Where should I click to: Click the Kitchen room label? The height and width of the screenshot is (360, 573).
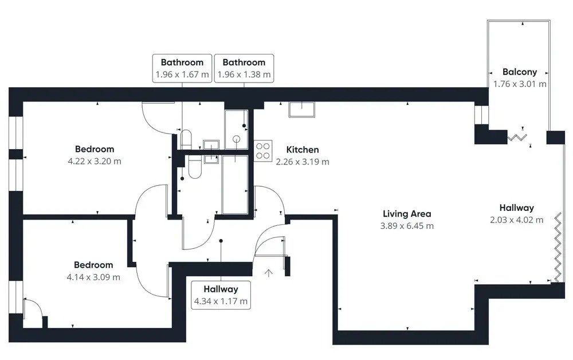tap(302, 150)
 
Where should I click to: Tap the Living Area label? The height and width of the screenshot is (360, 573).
tap(407, 213)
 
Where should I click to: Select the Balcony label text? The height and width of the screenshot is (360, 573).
tap(520, 72)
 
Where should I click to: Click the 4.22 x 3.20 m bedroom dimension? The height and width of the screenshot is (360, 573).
tap(95, 161)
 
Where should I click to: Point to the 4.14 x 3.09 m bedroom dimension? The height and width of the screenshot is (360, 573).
tap(93, 277)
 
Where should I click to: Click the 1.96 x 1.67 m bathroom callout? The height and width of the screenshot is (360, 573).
tap(182, 68)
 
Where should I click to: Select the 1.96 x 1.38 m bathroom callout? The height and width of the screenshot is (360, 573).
tap(244, 68)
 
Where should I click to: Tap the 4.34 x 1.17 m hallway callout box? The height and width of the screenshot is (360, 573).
tap(221, 295)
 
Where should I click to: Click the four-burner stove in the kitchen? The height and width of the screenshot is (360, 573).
tap(263, 151)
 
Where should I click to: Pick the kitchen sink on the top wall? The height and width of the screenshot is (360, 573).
tap(301, 109)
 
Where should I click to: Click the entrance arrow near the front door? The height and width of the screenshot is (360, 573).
tap(269, 273)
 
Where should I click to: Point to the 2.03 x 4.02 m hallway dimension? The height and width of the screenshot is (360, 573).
tap(516, 220)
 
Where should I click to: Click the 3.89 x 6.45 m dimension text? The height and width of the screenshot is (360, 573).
tap(407, 226)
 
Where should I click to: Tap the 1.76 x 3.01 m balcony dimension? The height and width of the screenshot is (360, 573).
tap(520, 84)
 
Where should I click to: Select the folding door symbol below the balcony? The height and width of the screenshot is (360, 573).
tap(517, 138)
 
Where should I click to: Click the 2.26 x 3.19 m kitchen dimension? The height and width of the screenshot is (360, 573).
tap(302, 162)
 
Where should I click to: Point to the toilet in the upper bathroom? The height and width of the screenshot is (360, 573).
tap(186, 139)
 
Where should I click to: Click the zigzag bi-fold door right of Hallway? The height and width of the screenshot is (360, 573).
tap(558, 247)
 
